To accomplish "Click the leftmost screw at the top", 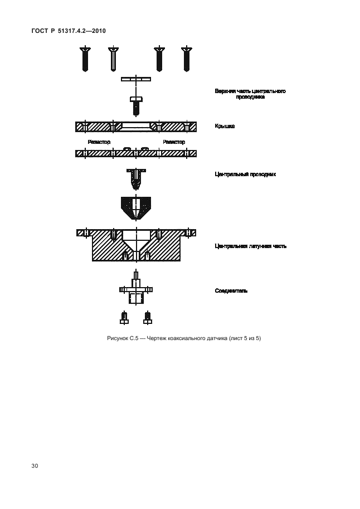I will coord(85,58).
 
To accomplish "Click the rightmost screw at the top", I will coord(186,58).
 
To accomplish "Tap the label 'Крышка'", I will coord(225,127).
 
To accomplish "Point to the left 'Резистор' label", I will coord(99,142).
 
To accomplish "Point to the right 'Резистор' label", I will coord(173,142).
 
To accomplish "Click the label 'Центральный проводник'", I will coord(245,174).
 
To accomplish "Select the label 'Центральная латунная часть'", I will coord(251,246).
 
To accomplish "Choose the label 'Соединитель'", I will coord(231,290).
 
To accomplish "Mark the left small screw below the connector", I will coord(123,318).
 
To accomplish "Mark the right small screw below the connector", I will coord(147,318).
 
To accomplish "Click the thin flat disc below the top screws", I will coord(136,79).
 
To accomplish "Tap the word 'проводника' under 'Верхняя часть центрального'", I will coord(250,97).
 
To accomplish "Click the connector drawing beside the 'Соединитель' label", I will coord(136,289).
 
